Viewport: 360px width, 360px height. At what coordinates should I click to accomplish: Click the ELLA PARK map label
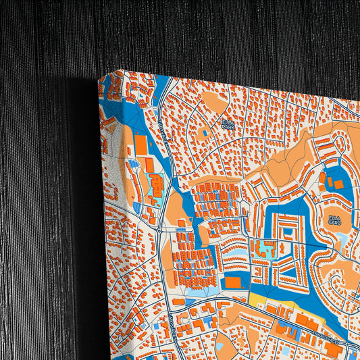[x=228, y=124]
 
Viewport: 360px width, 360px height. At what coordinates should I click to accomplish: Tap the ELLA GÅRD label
[x=334, y=220]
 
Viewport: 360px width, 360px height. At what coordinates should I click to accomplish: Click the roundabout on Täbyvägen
[x=159, y=230]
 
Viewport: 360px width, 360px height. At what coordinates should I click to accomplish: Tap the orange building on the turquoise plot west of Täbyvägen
[x=155, y=185]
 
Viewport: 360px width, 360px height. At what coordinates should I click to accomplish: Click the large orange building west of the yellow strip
[x=232, y=282]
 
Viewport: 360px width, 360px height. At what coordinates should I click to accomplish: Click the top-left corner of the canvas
[x=99, y=76]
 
